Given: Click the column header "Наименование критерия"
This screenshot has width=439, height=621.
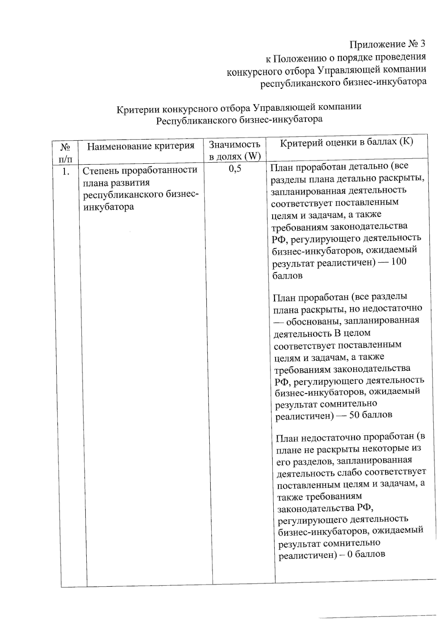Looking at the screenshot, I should click(x=140, y=146).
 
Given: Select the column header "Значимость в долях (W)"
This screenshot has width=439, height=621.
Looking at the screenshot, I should click(x=234, y=150).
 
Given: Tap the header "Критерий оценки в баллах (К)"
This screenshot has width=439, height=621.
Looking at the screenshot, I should click(x=346, y=142).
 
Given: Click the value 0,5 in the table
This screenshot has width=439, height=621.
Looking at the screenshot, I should click(x=235, y=168).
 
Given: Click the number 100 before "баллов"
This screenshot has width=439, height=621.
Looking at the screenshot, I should click(x=398, y=262).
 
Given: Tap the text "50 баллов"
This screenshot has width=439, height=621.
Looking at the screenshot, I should click(x=371, y=415).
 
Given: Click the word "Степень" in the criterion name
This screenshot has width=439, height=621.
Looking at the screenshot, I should click(x=100, y=170).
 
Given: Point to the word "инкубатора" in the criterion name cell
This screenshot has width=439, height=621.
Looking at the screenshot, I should click(x=109, y=207).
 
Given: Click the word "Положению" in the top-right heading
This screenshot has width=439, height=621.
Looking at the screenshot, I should click(x=298, y=57).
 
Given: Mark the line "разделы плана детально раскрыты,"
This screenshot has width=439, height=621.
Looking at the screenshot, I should click(x=347, y=178).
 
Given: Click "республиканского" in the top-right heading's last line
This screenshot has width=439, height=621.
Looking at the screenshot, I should click(x=300, y=83).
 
